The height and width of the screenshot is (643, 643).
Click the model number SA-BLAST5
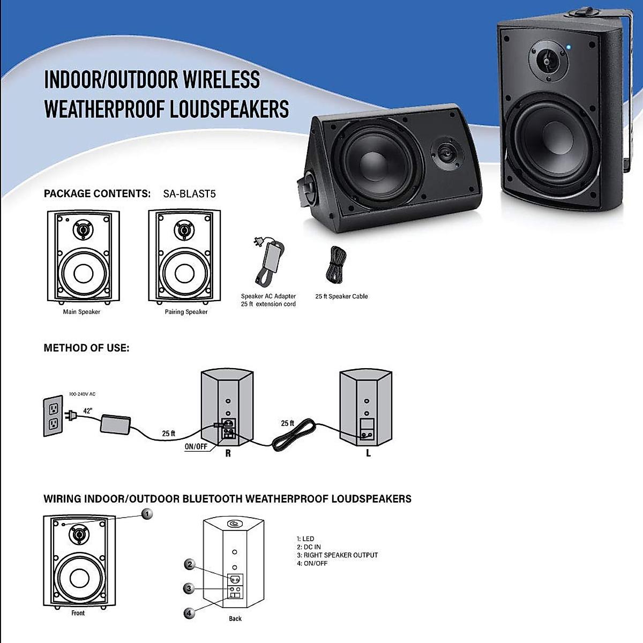(189, 194)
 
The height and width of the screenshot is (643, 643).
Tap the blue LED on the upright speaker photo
(569, 48)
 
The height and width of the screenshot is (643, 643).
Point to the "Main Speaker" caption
(81, 312)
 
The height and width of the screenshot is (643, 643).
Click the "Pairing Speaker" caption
(186, 312)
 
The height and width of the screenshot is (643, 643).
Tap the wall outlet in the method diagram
(53, 416)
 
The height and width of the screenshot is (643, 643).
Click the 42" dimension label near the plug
(87, 411)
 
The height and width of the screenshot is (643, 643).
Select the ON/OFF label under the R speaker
(196, 447)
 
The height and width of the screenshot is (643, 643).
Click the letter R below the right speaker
(228, 453)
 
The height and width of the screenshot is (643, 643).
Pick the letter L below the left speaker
(368, 453)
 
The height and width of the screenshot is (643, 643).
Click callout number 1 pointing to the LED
(147, 514)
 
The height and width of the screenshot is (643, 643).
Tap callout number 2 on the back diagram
(189, 564)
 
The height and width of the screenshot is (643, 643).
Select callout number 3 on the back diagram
(189, 588)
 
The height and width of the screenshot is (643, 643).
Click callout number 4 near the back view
(189, 613)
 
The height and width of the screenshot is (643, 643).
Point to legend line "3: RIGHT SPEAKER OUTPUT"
(338, 555)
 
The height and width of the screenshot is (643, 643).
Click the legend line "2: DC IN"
(309, 547)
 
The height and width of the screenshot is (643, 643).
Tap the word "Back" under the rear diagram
(235, 619)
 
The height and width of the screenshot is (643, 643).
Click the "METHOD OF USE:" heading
(86, 348)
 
